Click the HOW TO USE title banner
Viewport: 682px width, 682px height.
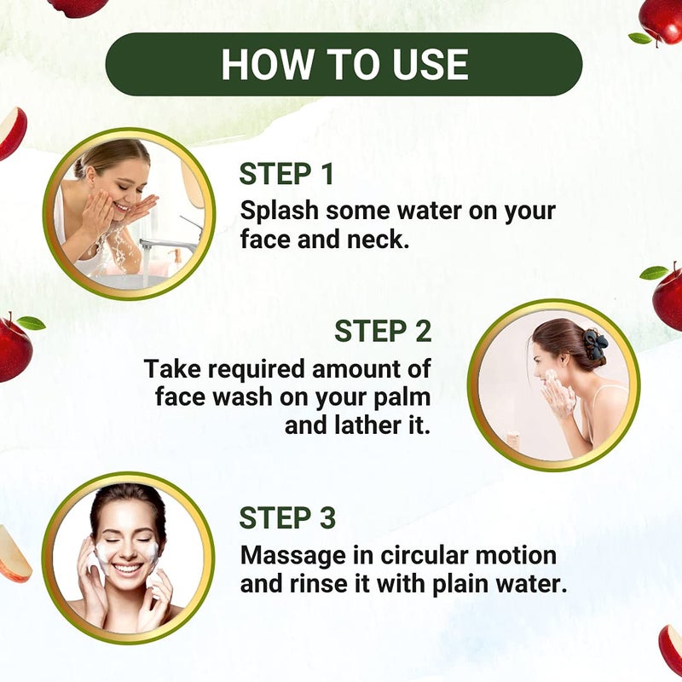pyautogui.click(x=344, y=65)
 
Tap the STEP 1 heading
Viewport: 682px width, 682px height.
pyautogui.click(x=286, y=174)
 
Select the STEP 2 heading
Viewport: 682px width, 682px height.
pyautogui.click(x=383, y=331)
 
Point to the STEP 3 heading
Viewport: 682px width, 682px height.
pyautogui.click(x=287, y=517)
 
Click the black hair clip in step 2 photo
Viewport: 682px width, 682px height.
pyautogui.click(x=595, y=344)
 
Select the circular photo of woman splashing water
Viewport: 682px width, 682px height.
pyautogui.click(x=130, y=213)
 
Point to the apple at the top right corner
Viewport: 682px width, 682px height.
pyautogui.click(x=662, y=20)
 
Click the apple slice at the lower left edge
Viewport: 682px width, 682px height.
pyautogui.click(x=12, y=554)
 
